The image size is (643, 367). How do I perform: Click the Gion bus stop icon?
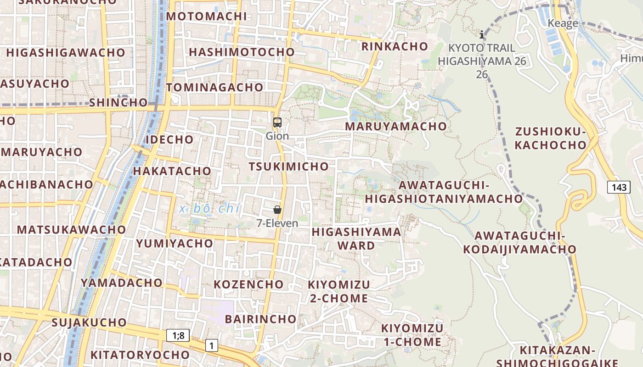pyautogui.click(x=277, y=122)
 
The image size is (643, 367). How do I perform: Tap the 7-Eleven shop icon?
pyautogui.click(x=277, y=210)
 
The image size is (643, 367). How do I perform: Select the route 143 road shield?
pyautogui.click(x=619, y=187)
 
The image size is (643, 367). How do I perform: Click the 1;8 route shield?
pyautogui.click(x=178, y=335)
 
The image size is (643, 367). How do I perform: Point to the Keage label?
pyautogui.click(x=563, y=23)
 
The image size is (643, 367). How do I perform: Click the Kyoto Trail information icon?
pyautogui.click(x=482, y=34)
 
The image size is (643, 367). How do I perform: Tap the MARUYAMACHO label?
pyautogui.click(x=395, y=126)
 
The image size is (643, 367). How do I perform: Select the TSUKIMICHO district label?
pyautogui.click(x=289, y=167)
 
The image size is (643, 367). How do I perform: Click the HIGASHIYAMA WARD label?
pyautogui.click(x=356, y=239)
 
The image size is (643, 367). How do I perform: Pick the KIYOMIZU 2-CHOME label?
pyautogui.click(x=339, y=291)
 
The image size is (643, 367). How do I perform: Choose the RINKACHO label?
pyautogui.click(x=395, y=46)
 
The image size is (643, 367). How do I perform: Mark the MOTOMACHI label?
pyautogui.click(x=206, y=17)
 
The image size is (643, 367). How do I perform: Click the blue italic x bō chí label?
pyautogui.click(x=210, y=209)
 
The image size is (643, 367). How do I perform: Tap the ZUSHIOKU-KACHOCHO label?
pyautogui.click(x=551, y=139)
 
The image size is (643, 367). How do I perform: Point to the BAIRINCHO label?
pyautogui.click(x=260, y=319)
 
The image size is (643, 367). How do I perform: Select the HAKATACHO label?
pyautogui.click(x=172, y=171)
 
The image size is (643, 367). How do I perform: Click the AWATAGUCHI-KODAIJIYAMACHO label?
pyautogui.click(x=519, y=242)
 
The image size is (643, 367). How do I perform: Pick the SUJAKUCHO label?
pyautogui.click(x=89, y=323)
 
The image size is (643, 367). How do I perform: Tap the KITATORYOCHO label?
pyautogui.click(x=140, y=355)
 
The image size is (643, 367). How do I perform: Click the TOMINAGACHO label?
pyautogui.click(x=215, y=87)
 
